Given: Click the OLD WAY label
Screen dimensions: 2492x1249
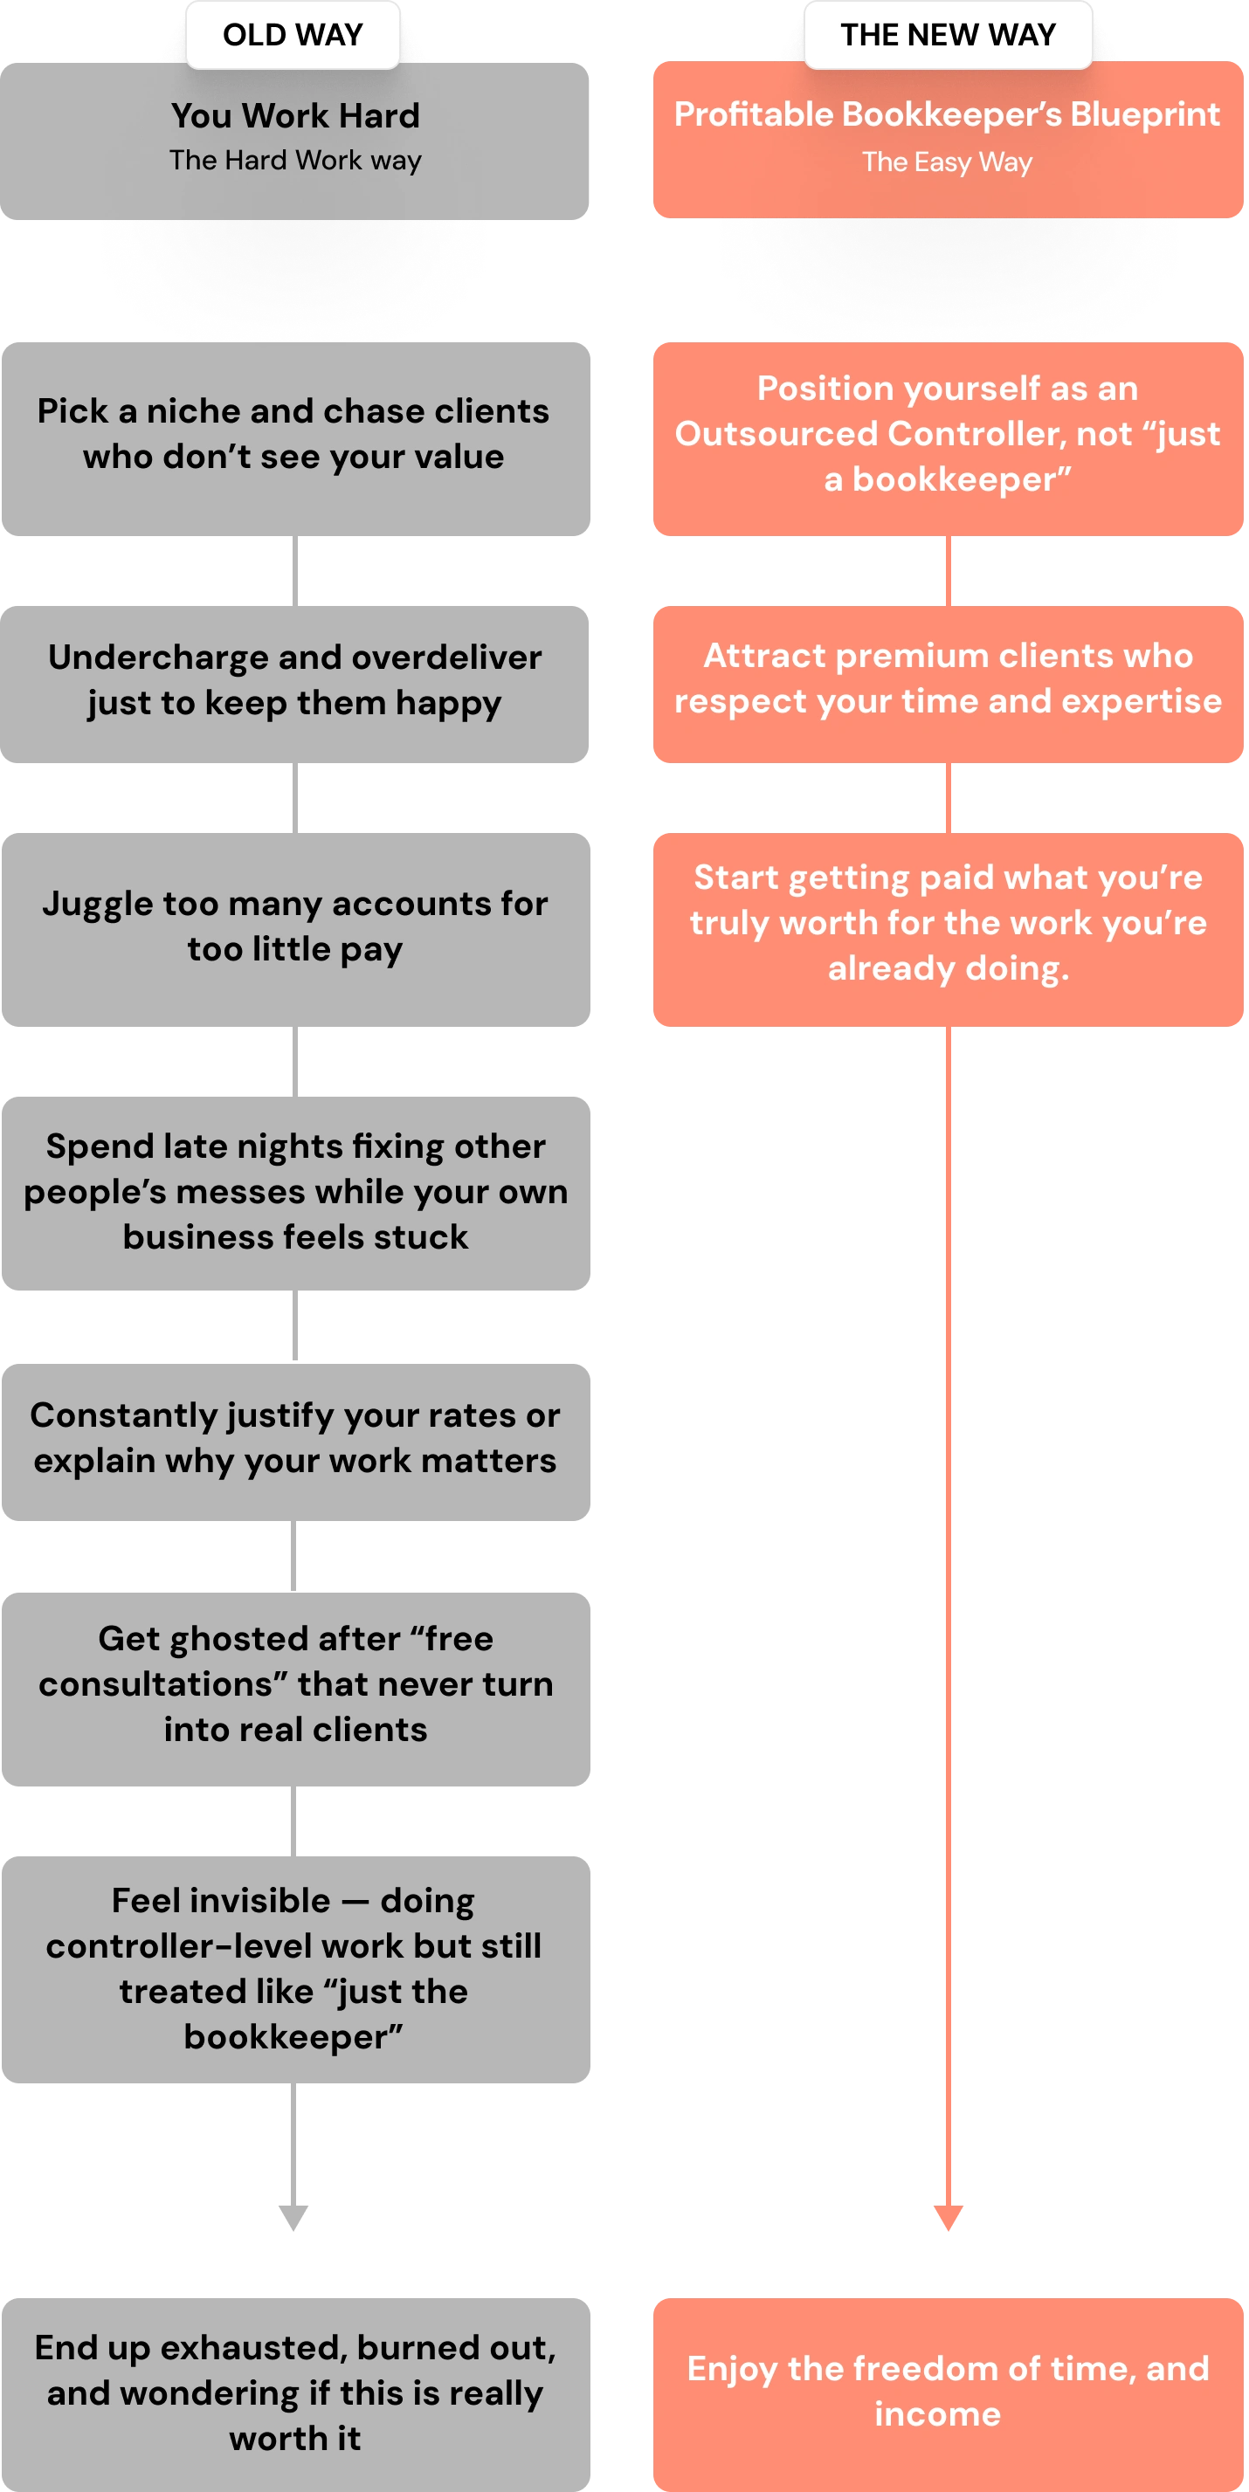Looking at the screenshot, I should pyautogui.click(x=293, y=35).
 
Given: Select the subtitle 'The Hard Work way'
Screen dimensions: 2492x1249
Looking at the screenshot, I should pyautogui.click(x=295, y=161).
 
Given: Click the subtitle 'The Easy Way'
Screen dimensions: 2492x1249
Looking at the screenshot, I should pyautogui.click(x=947, y=162).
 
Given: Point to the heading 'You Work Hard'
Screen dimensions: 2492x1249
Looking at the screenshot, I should pyautogui.click(x=295, y=116).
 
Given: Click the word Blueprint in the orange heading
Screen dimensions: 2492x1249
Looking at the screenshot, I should pyautogui.click(x=1144, y=115).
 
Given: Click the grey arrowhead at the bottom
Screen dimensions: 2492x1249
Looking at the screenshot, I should pyautogui.click(x=293, y=2215).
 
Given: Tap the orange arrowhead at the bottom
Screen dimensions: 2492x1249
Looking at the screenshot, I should pyautogui.click(x=949, y=2215).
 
